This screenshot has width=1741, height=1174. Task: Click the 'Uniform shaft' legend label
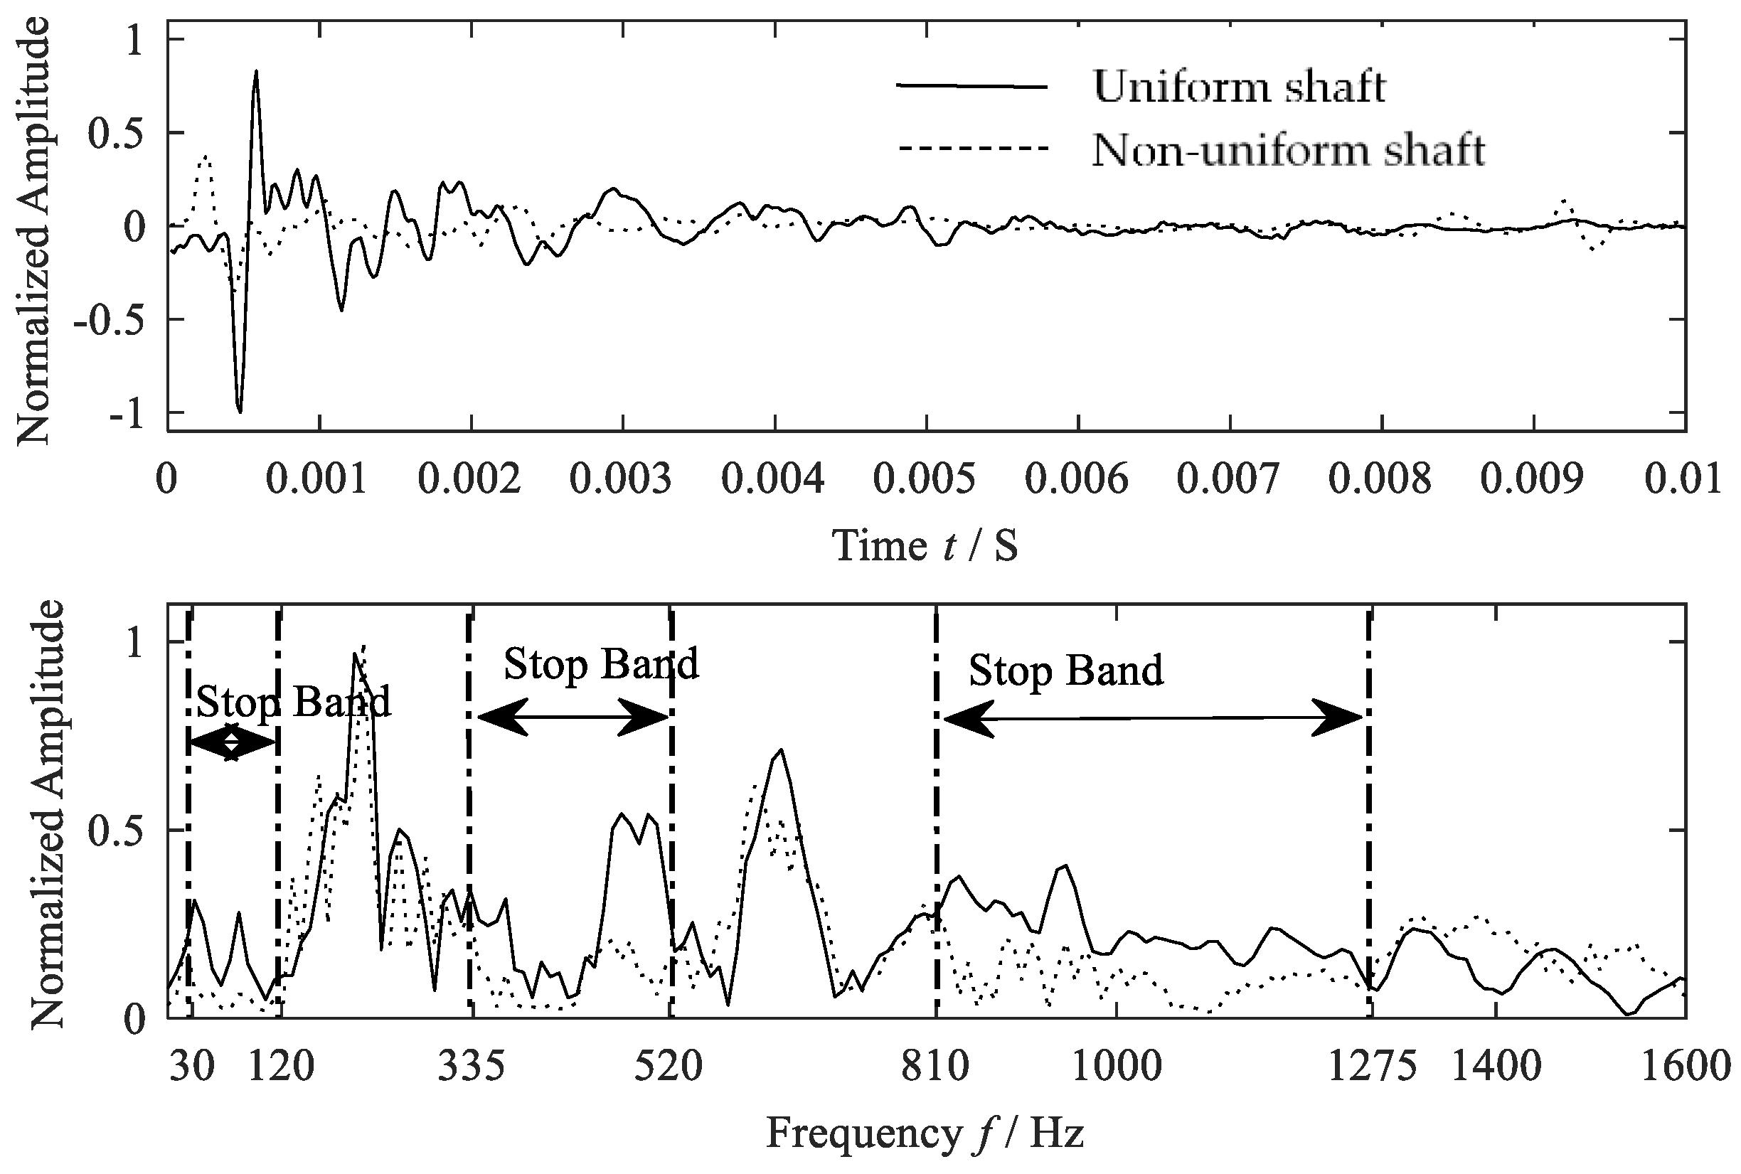pyautogui.click(x=1239, y=87)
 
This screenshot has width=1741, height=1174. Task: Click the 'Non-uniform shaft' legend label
pyautogui.click(x=1288, y=150)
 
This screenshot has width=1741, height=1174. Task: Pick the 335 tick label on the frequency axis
pyautogui.click(x=472, y=1066)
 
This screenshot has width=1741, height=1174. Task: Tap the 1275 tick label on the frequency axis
pyautogui.click(x=1372, y=1066)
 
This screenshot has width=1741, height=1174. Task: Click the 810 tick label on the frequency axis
pyautogui.click(x=935, y=1066)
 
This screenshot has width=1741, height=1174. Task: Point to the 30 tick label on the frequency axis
pyautogui.click(x=192, y=1066)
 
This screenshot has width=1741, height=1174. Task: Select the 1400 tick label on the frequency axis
pyautogui.click(x=1496, y=1066)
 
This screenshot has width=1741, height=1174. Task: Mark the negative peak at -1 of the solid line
pyautogui.click(x=240, y=410)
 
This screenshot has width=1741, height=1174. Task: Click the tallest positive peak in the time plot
pyautogui.click(x=256, y=73)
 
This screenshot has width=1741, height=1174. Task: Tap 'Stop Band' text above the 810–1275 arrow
pyautogui.click(x=1065, y=670)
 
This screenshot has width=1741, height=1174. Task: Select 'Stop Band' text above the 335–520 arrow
pyautogui.click(x=600, y=664)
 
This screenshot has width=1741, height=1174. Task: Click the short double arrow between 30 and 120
pyautogui.click(x=232, y=742)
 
